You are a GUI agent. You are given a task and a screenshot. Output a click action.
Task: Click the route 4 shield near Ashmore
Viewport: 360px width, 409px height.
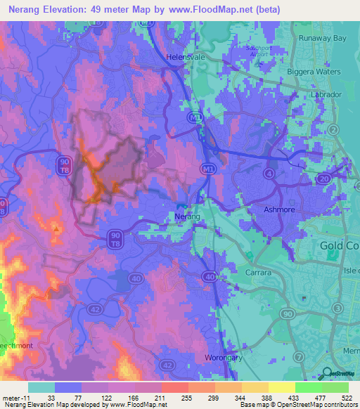pyautogui.click(x=269, y=173)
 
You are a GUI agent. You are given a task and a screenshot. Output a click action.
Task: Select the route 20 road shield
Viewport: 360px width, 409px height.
pyautogui.click(x=323, y=179)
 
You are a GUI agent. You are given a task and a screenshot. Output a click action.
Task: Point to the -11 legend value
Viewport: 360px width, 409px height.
pyautogui.click(x=15, y=398)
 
